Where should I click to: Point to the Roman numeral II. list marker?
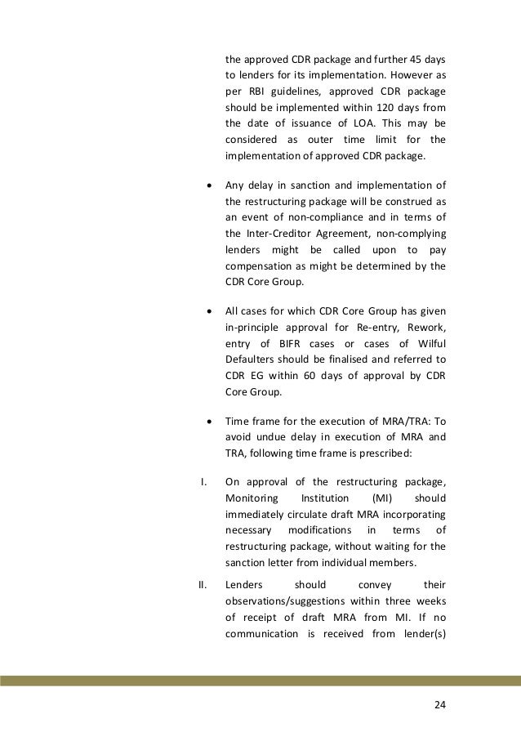[205, 584]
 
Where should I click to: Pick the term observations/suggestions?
[285, 601]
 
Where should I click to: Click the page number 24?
[441, 704]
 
